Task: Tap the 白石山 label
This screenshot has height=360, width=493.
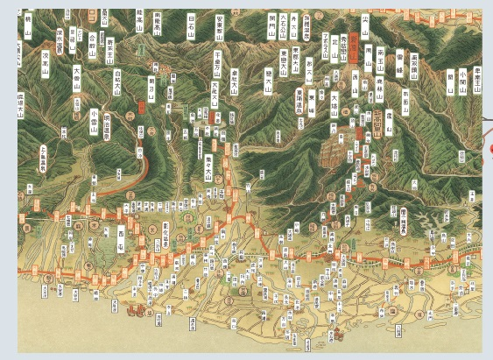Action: coord(192,21)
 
